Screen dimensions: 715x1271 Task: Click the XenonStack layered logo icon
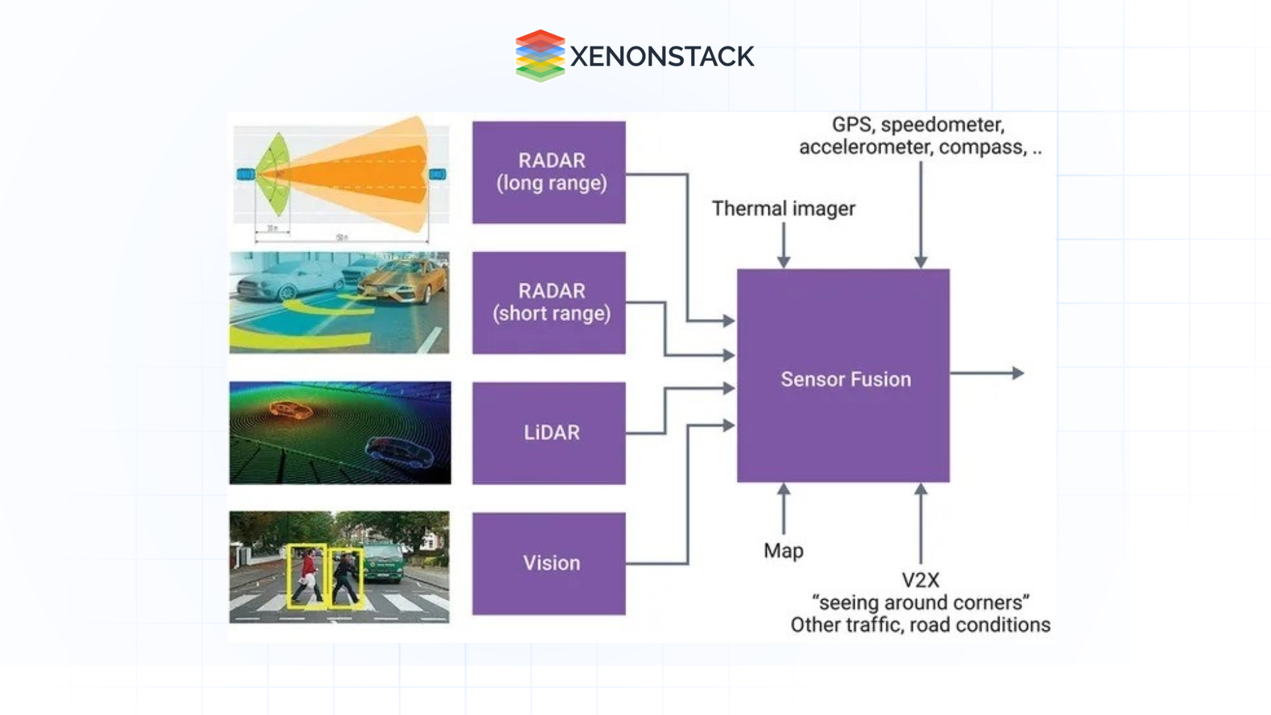(540, 56)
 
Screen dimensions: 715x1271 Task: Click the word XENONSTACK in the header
(661, 56)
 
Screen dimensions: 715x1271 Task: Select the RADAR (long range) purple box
(549, 172)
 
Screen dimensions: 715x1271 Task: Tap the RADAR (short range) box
(549, 303)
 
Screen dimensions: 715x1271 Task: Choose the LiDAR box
(549, 433)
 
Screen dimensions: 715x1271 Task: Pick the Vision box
(549, 563)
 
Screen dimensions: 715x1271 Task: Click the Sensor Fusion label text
(845, 379)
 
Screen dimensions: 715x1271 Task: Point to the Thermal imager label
(783, 209)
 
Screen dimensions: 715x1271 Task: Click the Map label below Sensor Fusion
(783, 550)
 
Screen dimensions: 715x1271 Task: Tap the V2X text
(920, 581)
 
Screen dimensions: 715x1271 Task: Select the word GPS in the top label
(851, 124)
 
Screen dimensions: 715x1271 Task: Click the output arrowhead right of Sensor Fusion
(1018, 373)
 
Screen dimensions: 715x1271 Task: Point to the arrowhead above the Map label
(784, 490)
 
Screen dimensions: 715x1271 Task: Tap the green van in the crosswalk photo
(383, 563)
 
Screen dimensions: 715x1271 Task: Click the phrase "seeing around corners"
(920, 602)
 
